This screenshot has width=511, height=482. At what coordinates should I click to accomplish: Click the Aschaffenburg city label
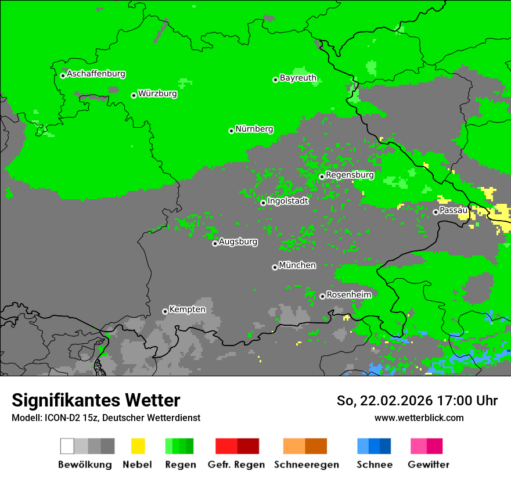[x=96, y=74]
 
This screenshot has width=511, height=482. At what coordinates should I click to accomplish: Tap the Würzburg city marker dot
[x=134, y=95]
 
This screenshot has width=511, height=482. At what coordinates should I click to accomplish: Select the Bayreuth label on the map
[x=298, y=78]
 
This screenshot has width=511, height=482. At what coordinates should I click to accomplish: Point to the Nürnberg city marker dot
[x=231, y=131]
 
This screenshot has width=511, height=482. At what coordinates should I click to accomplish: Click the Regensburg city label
[x=350, y=175]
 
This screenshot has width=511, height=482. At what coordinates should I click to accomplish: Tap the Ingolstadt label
[x=288, y=201]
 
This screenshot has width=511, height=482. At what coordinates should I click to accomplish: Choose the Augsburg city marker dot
[x=215, y=243]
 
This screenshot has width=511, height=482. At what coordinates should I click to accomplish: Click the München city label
[x=297, y=265]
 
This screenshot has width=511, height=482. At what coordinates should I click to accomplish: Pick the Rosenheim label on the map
[x=348, y=294]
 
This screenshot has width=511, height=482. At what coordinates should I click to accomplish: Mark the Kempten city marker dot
[x=165, y=311]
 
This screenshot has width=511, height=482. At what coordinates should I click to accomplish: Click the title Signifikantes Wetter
[x=96, y=400]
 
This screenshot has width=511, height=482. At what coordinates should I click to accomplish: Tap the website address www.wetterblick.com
[x=419, y=418]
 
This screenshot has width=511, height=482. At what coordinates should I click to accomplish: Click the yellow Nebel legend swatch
[x=138, y=446]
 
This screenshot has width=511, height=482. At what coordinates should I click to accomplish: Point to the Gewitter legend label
[x=428, y=465]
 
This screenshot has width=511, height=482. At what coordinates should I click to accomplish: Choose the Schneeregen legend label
[x=305, y=465]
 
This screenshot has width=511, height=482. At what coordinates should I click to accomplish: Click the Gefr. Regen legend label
[x=236, y=465]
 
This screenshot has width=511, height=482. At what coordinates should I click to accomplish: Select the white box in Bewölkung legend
[x=67, y=446]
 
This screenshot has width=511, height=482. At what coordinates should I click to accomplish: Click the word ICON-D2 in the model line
[x=59, y=418]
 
